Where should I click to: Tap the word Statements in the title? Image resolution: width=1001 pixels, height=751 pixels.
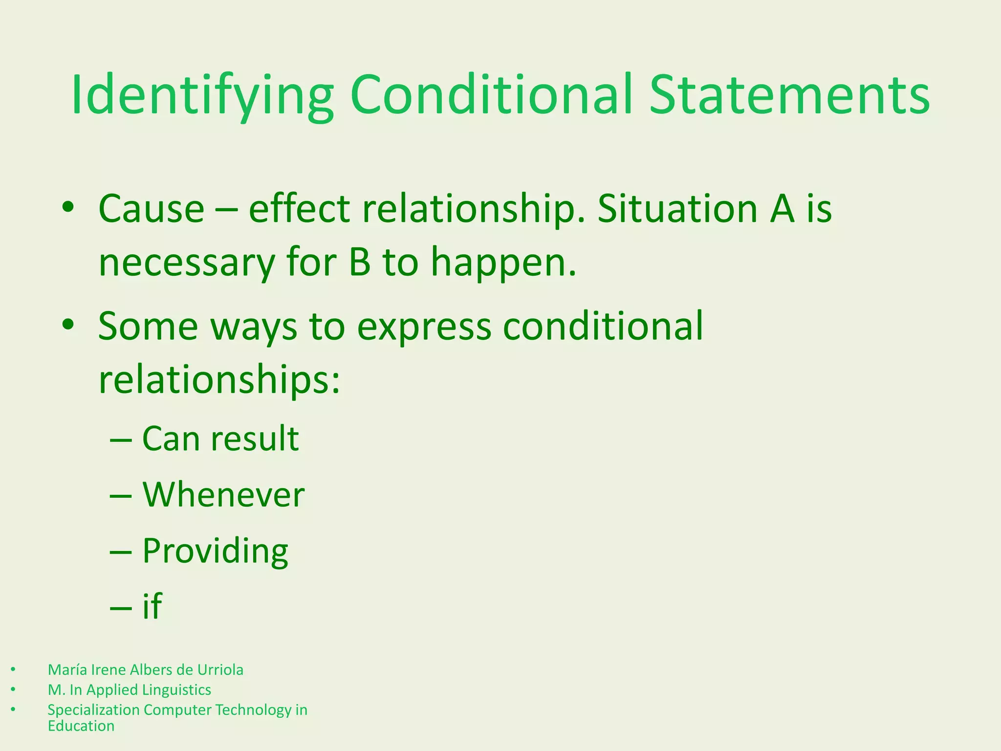[789, 95]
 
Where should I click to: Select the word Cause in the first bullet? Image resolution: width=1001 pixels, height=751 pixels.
[151, 209]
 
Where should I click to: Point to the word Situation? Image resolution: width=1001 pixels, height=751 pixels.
[677, 209]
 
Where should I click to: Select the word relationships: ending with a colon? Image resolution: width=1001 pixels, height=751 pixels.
[219, 380]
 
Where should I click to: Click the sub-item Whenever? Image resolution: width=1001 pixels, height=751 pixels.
[223, 495]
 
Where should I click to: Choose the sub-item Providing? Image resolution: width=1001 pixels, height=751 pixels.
[215, 552]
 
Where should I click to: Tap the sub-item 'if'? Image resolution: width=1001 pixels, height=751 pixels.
[152, 606]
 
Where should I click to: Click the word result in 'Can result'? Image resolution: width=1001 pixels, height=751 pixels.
[255, 439]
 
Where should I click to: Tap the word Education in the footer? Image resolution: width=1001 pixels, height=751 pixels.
[81, 726]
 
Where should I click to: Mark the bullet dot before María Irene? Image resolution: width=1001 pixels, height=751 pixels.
[13, 669]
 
